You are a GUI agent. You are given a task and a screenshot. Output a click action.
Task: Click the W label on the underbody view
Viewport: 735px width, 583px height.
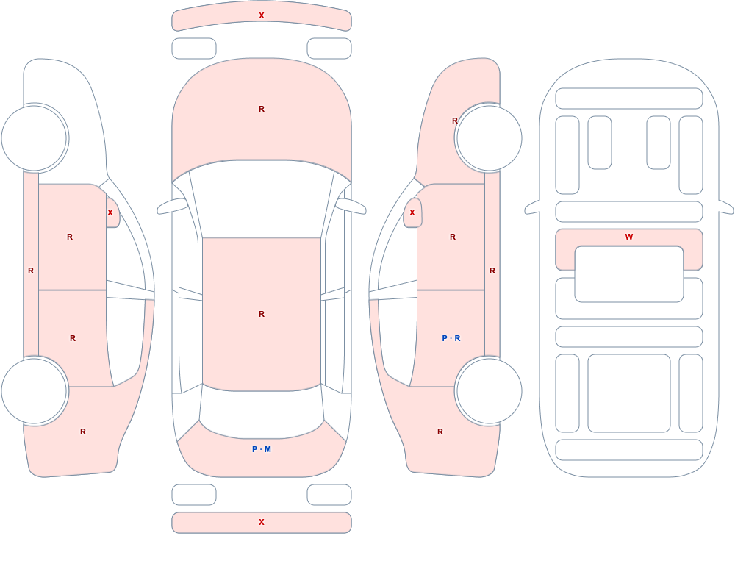pyautogui.click(x=629, y=237)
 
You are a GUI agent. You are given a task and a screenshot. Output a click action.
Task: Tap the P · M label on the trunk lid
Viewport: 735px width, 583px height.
pyautogui.click(x=262, y=449)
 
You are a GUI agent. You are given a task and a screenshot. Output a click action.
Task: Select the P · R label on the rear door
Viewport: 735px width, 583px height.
pyautogui.click(x=451, y=338)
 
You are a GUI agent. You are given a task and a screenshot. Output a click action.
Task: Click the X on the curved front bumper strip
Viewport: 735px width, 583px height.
pyautogui.click(x=262, y=15)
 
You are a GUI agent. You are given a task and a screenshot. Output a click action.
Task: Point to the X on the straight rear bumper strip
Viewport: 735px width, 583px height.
pyautogui.click(x=262, y=522)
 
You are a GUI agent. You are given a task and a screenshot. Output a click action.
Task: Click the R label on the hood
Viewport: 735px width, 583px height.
pyautogui.click(x=262, y=109)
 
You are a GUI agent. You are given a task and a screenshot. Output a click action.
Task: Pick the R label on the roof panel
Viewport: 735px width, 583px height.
pyautogui.click(x=262, y=314)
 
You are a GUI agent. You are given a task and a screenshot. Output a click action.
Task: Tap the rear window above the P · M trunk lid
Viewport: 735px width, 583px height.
pyautogui.click(x=262, y=412)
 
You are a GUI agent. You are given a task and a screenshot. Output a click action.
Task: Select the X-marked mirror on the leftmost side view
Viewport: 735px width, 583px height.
pyautogui.click(x=112, y=213)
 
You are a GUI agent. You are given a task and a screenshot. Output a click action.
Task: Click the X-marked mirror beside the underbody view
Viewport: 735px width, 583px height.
pyautogui.click(x=412, y=213)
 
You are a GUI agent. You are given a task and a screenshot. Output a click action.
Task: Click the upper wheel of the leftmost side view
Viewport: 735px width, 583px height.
pyautogui.click(x=34, y=138)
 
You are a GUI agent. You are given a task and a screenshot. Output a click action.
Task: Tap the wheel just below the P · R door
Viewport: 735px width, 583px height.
pyautogui.click(x=489, y=390)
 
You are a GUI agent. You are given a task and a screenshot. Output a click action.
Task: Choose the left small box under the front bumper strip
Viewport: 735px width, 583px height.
pyautogui.click(x=194, y=49)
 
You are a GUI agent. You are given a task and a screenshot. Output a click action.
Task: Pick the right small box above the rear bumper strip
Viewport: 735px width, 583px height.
pyautogui.click(x=329, y=495)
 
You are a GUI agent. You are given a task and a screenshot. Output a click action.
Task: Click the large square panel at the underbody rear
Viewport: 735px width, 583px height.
pyautogui.click(x=629, y=393)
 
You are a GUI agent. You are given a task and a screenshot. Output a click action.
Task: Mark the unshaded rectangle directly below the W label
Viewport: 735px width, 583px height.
pyautogui.click(x=629, y=274)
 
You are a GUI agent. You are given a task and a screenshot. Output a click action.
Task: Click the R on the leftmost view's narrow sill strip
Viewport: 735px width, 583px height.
pyautogui.click(x=31, y=271)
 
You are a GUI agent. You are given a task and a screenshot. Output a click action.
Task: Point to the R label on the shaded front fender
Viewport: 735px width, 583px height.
pyautogui.click(x=454, y=121)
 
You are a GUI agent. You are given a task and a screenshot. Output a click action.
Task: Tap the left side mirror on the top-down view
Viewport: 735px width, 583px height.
pyautogui.click(x=171, y=207)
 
